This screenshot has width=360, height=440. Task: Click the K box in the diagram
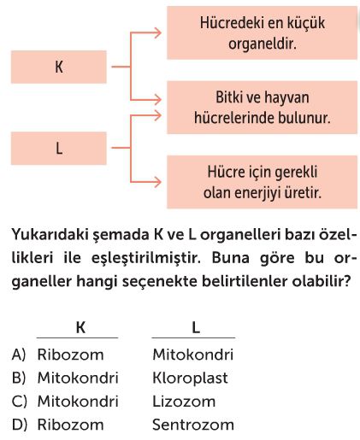pyautogui.click(x=59, y=67)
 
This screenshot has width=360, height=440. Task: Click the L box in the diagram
pyautogui.click(x=59, y=148)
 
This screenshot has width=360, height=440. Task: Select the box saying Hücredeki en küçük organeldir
pyautogui.click(x=262, y=33)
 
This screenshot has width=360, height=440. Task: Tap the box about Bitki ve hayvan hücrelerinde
pyautogui.click(x=262, y=108)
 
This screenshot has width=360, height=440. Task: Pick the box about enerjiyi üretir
pyautogui.click(x=262, y=182)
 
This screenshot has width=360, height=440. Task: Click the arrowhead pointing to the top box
pyautogui.click(x=157, y=33)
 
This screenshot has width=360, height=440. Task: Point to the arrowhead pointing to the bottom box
pyautogui.click(x=157, y=182)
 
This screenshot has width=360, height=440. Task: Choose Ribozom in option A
pyautogui.click(x=70, y=355)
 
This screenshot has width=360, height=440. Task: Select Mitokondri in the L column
pyautogui.click(x=193, y=355)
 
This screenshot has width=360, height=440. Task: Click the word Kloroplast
pyautogui.click(x=190, y=378)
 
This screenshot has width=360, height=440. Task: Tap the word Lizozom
pyautogui.click(x=184, y=402)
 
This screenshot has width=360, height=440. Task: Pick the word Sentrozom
pyautogui.click(x=193, y=425)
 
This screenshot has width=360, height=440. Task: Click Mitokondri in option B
pyautogui.click(x=78, y=378)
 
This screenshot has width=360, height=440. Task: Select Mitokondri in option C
pyautogui.click(x=78, y=402)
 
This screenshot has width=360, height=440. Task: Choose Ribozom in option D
pyautogui.click(x=70, y=425)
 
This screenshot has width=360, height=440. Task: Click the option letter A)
pyautogui.click(x=19, y=355)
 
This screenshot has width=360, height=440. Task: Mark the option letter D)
pyautogui.click(x=20, y=425)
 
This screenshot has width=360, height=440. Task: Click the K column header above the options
pyautogui.click(x=80, y=327)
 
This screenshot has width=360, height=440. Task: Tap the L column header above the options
pyautogui.click(x=196, y=327)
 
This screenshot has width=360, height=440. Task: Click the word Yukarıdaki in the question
pyautogui.click(x=50, y=235)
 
